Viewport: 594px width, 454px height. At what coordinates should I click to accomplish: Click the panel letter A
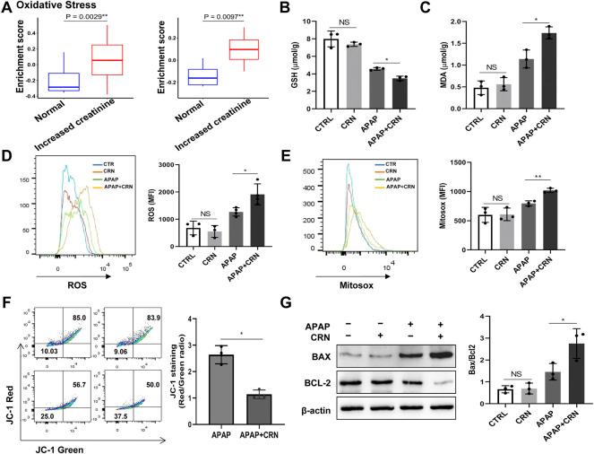pyautogui.click(x=8, y=8)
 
